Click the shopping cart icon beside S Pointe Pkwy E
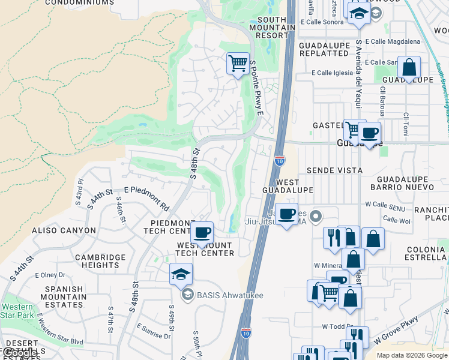pos(238,62)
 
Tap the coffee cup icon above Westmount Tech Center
pos(202,232)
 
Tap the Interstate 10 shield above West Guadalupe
pos(279,161)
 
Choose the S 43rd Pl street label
pos(79,189)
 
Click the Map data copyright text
pos(412,355)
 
